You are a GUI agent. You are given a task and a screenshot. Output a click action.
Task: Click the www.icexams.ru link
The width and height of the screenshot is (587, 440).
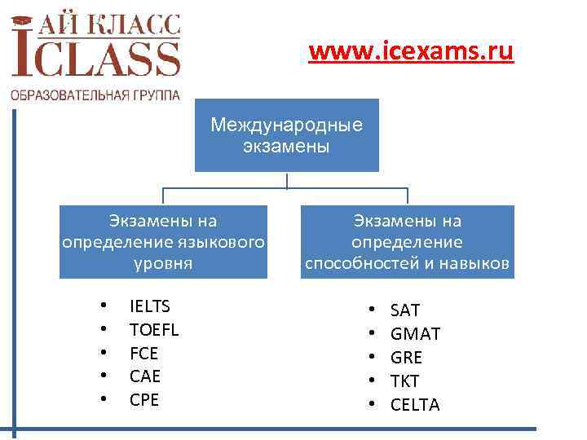[411, 54]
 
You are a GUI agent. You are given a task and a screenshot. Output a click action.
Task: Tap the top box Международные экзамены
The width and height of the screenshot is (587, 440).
[286, 135]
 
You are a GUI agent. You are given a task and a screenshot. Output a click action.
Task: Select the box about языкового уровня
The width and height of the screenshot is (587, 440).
[163, 241]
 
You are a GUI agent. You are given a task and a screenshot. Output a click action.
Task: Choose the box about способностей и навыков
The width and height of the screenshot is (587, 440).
[408, 241]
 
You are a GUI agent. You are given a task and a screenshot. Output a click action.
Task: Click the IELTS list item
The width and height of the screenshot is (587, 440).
[150, 306]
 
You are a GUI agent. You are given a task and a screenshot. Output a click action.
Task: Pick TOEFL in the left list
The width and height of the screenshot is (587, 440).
[154, 330]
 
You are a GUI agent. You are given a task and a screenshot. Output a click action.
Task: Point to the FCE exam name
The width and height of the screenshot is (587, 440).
[144, 354]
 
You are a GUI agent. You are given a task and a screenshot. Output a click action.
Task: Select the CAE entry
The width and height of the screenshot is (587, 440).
[145, 376]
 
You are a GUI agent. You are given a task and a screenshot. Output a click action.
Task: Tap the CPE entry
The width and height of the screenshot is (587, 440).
[144, 400]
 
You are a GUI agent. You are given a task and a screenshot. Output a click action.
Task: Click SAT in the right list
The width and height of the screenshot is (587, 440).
[405, 310]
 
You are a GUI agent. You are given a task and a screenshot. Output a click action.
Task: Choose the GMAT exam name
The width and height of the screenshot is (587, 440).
[415, 334]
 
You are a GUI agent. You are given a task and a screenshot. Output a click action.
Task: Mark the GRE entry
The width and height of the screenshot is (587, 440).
[406, 358]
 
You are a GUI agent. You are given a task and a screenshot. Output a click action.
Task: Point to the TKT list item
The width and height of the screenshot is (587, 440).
[405, 381]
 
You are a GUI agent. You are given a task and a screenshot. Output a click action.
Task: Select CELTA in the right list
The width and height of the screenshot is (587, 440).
[415, 404]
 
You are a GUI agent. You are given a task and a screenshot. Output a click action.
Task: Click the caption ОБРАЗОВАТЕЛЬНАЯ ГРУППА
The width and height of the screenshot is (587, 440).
[95, 95]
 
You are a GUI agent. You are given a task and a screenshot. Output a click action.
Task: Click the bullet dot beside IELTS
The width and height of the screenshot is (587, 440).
[104, 307]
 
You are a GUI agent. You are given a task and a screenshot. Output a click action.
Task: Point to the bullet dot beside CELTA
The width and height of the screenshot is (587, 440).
[370, 404]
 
